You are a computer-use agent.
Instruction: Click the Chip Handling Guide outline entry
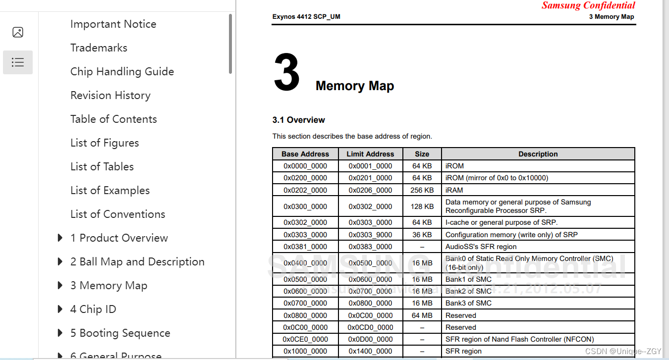click(122, 71)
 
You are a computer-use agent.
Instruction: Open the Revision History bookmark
click(110, 95)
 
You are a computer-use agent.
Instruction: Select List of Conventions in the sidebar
click(117, 214)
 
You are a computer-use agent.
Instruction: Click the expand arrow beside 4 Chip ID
click(60, 309)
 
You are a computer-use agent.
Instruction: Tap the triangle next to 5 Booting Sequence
click(60, 333)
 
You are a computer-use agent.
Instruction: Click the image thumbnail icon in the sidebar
click(18, 32)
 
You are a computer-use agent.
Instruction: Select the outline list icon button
click(18, 62)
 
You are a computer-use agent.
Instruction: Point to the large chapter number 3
click(286, 73)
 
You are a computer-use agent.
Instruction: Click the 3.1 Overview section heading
click(298, 120)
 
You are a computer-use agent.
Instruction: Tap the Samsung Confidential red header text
click(588, 5)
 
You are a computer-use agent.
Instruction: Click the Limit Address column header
click(370, 154)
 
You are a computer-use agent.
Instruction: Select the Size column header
click(422, 154)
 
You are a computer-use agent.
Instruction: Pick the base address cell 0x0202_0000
click(305, 190)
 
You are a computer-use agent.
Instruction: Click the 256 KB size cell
click(422, 190)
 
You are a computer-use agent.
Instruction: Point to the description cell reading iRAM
click(454, 190)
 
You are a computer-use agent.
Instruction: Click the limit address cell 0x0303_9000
click(370, 235)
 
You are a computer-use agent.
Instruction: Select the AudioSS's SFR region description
click(481, 247)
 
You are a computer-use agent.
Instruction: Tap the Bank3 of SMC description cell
click(468, 303)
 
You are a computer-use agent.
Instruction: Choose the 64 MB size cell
click(422, 315)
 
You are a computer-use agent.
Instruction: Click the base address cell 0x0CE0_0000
click(305, 339)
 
